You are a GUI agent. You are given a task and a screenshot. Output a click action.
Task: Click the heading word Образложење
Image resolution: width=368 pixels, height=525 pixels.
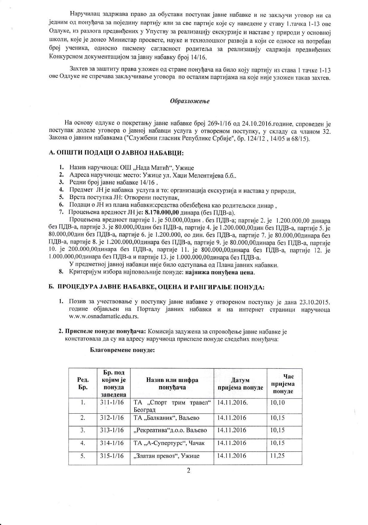190,101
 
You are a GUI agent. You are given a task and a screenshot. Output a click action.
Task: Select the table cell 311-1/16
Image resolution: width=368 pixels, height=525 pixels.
112,403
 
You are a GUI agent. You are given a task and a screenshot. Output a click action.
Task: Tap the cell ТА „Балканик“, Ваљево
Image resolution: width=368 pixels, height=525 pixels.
166,418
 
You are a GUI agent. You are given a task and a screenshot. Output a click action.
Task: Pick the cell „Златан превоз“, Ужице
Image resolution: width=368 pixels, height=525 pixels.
166,456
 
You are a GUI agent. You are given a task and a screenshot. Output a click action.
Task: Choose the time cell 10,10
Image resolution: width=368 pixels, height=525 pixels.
277,403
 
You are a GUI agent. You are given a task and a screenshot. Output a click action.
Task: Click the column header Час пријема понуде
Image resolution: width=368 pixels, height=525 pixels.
284,384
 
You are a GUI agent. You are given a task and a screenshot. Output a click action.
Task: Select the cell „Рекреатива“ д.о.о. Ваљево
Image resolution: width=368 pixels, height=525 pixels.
170,430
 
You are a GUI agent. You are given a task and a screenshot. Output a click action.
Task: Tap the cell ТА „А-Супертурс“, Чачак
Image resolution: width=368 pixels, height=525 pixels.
169,443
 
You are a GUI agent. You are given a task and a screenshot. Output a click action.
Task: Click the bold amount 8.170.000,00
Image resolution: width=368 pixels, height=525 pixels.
162,213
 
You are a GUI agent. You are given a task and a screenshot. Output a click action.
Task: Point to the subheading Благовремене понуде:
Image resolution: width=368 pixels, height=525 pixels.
122,350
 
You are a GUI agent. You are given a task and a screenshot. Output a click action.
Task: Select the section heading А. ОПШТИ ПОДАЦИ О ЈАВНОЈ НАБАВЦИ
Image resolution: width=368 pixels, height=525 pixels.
116,153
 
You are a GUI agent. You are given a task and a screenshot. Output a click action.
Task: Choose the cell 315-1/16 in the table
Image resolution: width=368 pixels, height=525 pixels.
112,456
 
